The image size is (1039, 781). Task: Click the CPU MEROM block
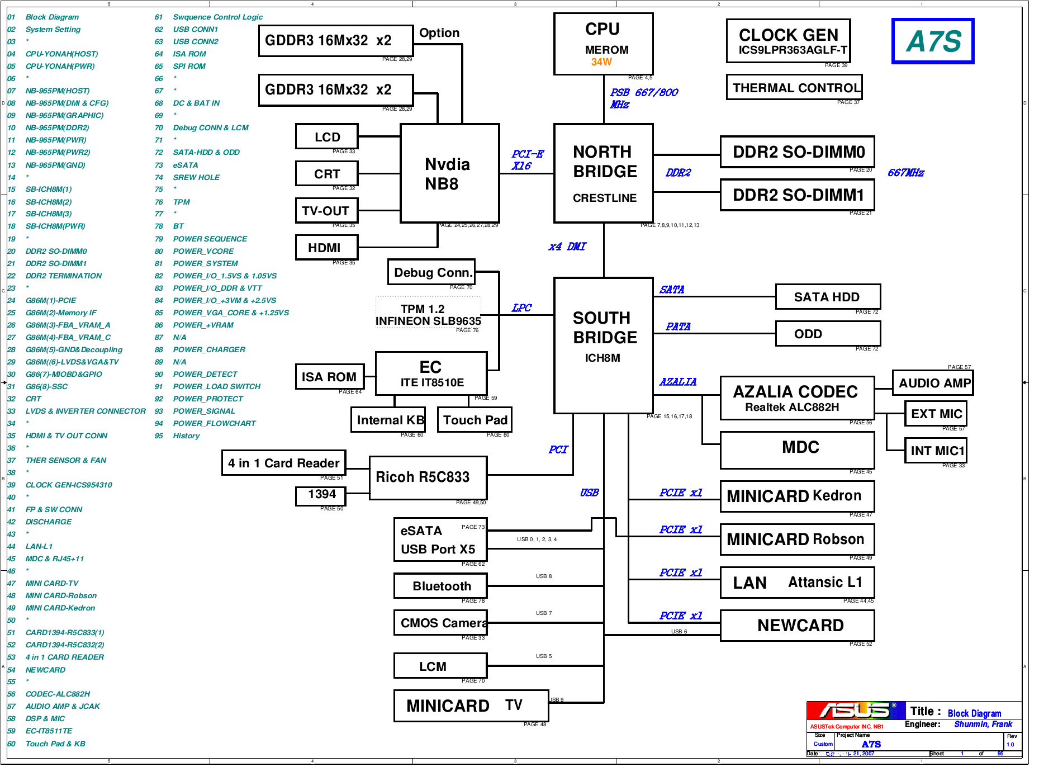[603, 44]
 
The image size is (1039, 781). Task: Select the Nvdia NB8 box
[449, 173]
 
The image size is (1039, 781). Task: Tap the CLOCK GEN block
[788, 41]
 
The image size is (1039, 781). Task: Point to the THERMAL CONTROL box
[794, 88]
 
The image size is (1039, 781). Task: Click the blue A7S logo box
[933, 41]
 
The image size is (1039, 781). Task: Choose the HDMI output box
[326, 248]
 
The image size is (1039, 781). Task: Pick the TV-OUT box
[326, 211]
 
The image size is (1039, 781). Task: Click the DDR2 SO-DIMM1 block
[798, 195]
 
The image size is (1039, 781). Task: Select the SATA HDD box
[827, 297]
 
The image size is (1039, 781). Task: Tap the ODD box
[827, 334]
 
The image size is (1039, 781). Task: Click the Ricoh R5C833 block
[428, 477]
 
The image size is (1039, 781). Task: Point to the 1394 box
[321, 495]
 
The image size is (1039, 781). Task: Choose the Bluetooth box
[440, 586]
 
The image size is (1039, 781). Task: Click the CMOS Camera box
[440, 623]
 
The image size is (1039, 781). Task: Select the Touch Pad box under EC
[475, 420]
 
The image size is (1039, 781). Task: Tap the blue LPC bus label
[521, 308]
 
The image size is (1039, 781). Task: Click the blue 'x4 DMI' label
[567, 247]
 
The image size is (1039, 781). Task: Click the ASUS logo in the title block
[855, 711]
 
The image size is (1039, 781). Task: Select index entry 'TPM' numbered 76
[181, 202]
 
